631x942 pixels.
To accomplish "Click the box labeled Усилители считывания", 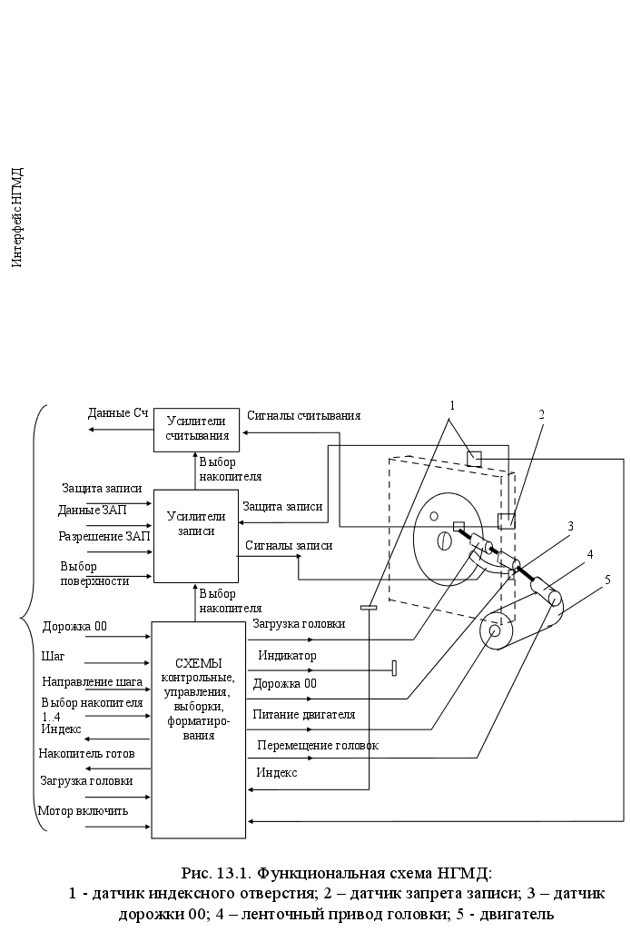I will (197, 430).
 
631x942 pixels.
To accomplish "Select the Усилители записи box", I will (196, 523).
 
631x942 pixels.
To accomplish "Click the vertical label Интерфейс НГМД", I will (16, 217).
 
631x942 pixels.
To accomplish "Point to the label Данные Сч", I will (118, 413).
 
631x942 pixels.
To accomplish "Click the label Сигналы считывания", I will (304, 415).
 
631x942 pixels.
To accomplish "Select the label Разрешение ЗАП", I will (104, 536).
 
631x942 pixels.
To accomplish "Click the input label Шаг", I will (54, 656).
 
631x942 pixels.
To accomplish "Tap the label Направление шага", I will (93, 681).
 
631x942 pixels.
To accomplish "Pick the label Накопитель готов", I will (86, 753).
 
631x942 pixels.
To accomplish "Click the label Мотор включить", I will (84, 810).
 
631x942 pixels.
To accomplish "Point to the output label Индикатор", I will (287, 654).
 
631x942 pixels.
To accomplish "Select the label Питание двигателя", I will (303, 714).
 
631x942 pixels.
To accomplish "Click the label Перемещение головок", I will (317, 745).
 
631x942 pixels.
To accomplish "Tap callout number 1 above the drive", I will (452, 404).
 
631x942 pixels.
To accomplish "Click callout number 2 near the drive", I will (541, 414).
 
